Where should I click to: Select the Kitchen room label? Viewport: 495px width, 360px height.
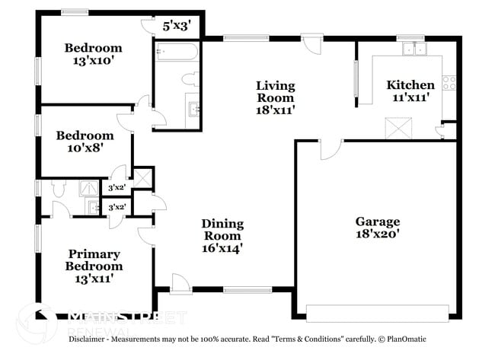(x=410, y=84)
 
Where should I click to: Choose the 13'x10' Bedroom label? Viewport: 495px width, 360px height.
(x=93, y=48)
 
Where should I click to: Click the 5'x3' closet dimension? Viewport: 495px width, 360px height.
(x=176, y=26)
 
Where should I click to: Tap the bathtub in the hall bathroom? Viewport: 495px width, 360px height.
(x=177, y=52)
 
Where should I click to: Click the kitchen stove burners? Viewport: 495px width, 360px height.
(x=449, y=81)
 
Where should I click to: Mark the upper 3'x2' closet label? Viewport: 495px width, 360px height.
(x=117, y=187)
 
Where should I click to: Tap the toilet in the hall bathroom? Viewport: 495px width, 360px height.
(x=191, y=79)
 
